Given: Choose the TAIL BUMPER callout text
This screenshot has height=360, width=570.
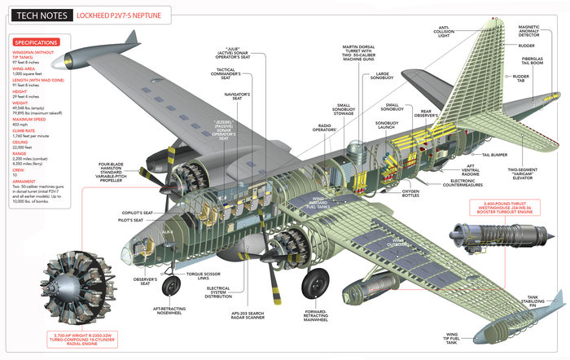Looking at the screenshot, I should [496, 154].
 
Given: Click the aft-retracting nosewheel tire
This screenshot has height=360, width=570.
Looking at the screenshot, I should [172, 286].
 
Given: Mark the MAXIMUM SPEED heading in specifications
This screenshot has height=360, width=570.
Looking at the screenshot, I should [28, 119].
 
